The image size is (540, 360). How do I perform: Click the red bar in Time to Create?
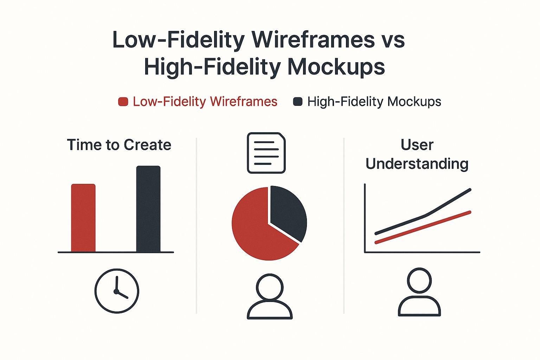click(x=83, y=218)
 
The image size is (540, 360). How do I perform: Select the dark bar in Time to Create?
click(x=148, y=209)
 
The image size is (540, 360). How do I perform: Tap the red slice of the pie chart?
click(x=257, y=229)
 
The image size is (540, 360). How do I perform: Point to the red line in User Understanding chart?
click(x=422, y=227)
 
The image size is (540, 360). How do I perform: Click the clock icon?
click(x=117, y=291)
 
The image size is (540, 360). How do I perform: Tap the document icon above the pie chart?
click(x=266, y=153)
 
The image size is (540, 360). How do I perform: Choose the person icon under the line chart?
click(x=419, y=292)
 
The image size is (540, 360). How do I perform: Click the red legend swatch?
click(x=123, y=102)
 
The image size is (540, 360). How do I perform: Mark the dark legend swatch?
click(x=298, y=102)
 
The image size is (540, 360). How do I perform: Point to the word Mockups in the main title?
click(x=336, y=67)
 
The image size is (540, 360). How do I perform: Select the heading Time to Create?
click(x=119, y=145)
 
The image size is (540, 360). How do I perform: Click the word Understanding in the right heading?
click(x=417, y=164)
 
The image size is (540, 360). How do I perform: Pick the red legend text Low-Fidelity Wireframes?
click(x=205, y=102)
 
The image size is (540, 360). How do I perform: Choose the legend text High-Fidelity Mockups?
click(x=374, y=102)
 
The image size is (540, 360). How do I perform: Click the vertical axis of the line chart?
click(x=365, y=218)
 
